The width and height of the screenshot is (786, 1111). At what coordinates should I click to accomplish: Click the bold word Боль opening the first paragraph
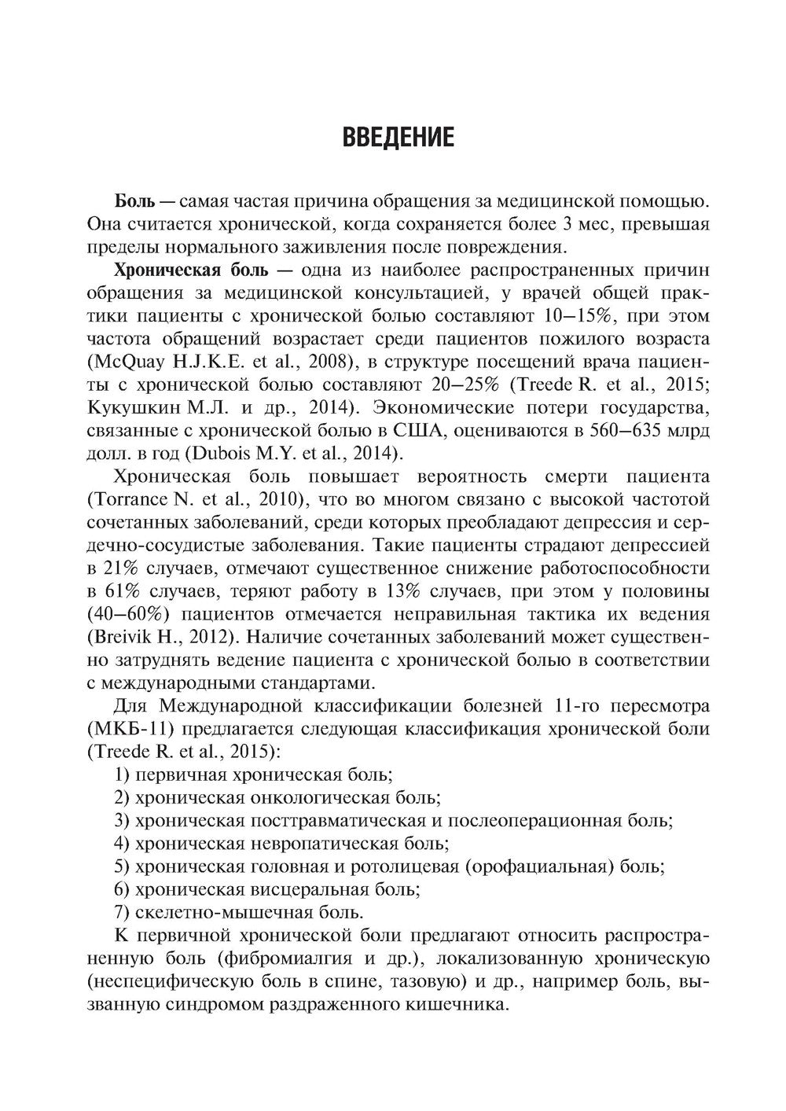[x=134, y=202]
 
